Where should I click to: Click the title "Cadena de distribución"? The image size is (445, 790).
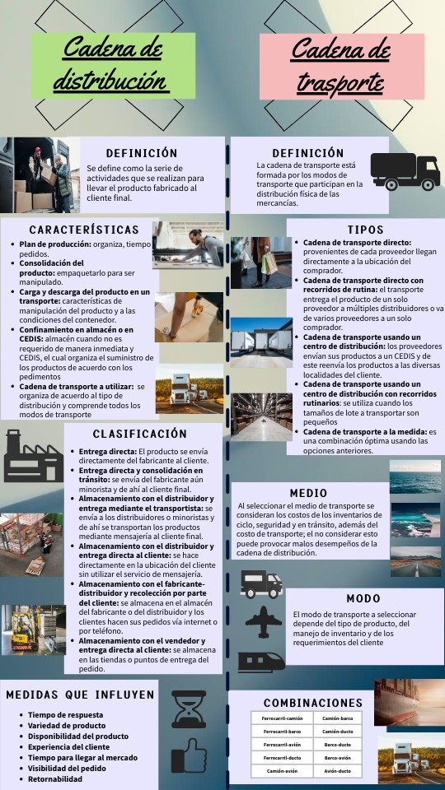coord(113,63)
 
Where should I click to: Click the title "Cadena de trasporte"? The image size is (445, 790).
coord(340,64)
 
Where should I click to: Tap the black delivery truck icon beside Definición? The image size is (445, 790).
coord(405,172)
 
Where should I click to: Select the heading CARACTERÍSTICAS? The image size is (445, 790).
coord(84,229)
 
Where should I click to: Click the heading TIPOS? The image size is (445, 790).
coord(365,229)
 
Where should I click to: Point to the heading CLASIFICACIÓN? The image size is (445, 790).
coord(140,433)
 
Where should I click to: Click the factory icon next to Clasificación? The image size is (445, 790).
coord(31,455)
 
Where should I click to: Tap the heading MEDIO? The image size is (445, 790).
coord(308,493)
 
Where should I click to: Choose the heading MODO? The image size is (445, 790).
coord(363,598)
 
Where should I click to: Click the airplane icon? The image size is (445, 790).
coord(263,622)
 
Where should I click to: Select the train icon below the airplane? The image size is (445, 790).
coord(261,661)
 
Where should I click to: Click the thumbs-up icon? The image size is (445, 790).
coord(189,756)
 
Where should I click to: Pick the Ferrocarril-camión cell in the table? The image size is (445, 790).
coord(282,718)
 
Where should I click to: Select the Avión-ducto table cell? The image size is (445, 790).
coord(338,771)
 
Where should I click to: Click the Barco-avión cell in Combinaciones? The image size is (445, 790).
coord(338,757)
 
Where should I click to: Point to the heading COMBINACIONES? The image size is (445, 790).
coord(313,703)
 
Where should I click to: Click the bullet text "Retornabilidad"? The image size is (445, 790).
coord(55,778)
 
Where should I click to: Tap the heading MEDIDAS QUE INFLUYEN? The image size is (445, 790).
coord(81,695)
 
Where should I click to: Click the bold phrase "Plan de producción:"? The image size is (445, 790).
coord(55,244)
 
